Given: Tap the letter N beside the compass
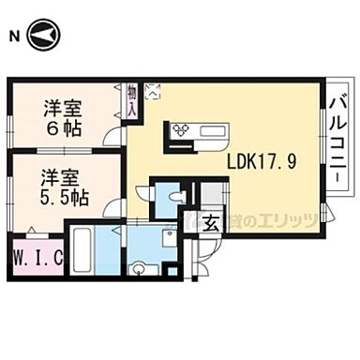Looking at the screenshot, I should (x=12, y=37).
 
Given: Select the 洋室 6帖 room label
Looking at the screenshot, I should (x=62, y=115).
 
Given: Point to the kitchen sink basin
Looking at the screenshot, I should (x=209, y=130).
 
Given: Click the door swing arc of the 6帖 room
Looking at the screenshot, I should (x=113, y=137).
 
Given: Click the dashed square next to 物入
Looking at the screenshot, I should (x=153, y=92).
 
